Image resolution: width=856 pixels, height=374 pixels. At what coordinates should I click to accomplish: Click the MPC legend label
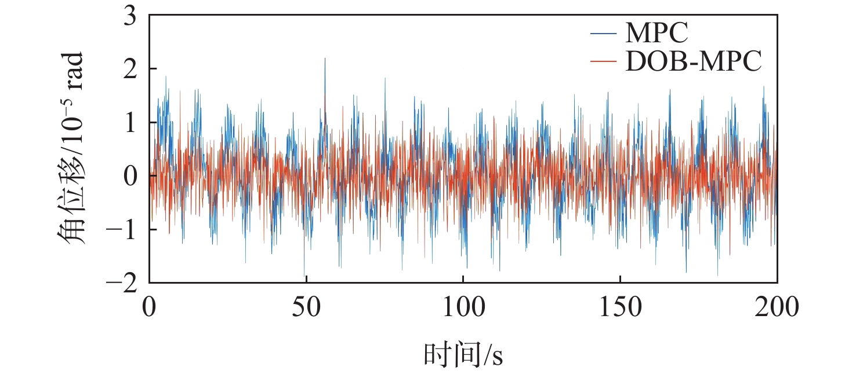[x=656, y=33]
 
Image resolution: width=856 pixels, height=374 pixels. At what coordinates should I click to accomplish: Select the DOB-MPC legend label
[x=693, y=61]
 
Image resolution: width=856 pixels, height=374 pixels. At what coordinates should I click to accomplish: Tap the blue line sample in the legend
[x=605, y=33]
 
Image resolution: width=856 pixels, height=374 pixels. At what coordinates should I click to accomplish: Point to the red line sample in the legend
[x=605, y=61]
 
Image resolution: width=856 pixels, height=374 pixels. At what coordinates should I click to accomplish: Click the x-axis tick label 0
[x=150, y=307]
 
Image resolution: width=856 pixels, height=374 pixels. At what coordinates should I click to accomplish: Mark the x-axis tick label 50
[x=306, y=307]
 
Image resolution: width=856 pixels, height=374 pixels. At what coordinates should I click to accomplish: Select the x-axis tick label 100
[x=463, y=307]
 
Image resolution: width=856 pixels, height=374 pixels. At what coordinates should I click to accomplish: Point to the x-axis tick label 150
[x=620, y=307]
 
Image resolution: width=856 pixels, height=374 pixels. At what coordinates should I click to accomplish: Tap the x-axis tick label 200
[x=777, y=307]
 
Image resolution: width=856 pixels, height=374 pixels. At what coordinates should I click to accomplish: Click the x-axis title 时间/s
[x=463, y=354]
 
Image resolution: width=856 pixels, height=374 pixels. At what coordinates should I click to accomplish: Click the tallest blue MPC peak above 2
[x=325, y=58]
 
